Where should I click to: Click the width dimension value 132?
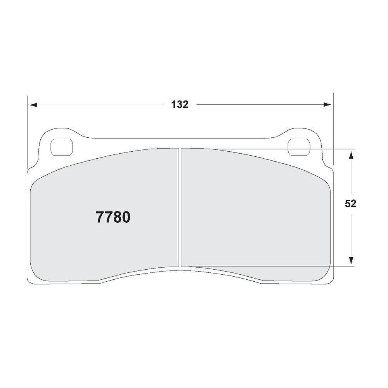179,105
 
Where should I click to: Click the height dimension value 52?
350,204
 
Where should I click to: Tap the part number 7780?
113,217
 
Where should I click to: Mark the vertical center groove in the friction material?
180,208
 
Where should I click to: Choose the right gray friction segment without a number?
256,210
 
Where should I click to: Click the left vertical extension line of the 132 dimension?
28,132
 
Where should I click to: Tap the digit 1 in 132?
172,105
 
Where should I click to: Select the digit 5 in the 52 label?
348,204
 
